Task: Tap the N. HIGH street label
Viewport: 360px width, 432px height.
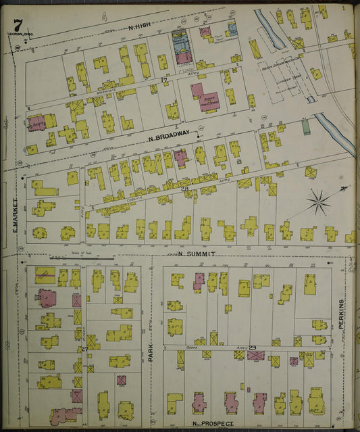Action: click(139, 25)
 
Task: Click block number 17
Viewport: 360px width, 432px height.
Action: click(164, 80)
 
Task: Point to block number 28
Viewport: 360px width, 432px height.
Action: click(184, 188)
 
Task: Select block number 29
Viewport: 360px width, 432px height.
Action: click(253, 347)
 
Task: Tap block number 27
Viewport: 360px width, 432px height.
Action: click(84, 349)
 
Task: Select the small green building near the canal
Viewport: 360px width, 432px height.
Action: click(306, 126)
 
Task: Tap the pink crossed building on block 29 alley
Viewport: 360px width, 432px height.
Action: click(255, 354)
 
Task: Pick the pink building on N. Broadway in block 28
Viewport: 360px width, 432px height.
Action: click(180, 158)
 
